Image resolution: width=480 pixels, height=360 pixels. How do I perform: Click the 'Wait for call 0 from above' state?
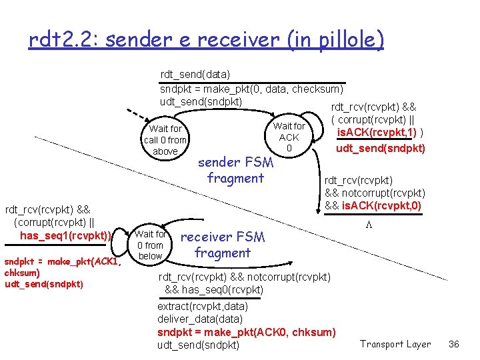(x=165, y=140)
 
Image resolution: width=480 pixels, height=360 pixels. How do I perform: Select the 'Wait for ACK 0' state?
(x=289, y=137)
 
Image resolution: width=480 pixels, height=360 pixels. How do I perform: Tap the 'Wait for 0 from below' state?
(x=151, y=245)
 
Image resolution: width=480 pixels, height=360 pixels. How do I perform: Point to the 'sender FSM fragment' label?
(x=235, y=170)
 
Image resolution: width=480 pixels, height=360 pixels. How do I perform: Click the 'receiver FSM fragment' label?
(x=223, y=245)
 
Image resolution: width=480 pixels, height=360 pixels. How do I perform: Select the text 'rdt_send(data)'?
(x=195, y=75)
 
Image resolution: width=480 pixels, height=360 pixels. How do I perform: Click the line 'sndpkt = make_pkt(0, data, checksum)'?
(x=251, y=89)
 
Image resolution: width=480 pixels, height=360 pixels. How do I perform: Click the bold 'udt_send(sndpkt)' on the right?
(x=380, y=148)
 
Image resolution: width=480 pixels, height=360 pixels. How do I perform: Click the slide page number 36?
(x=454, y=344)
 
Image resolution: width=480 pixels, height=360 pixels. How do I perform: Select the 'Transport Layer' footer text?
(x=395, y=344)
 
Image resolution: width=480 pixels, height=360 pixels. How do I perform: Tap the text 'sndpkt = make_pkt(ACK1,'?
(x=63, y=261)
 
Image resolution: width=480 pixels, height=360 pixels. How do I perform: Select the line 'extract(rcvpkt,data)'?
(x=203, y=307)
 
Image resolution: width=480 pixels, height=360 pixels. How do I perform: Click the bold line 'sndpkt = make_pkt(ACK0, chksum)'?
(x=247, y=332)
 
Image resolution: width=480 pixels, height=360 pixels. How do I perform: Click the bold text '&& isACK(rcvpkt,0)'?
(x=373, y=205)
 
